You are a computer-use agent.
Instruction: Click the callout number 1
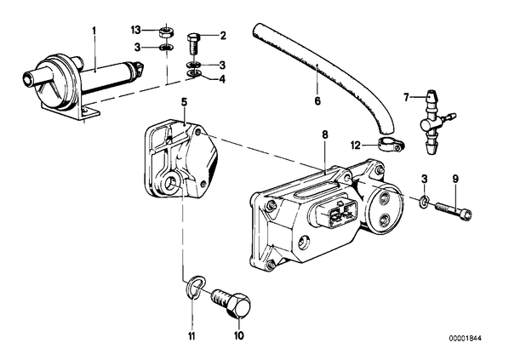94,31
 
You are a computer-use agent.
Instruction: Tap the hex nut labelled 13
167,32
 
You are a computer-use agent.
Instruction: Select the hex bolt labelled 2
193,45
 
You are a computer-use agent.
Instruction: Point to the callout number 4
222,79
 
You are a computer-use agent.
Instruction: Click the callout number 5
184,103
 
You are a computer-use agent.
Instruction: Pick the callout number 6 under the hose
317,101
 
